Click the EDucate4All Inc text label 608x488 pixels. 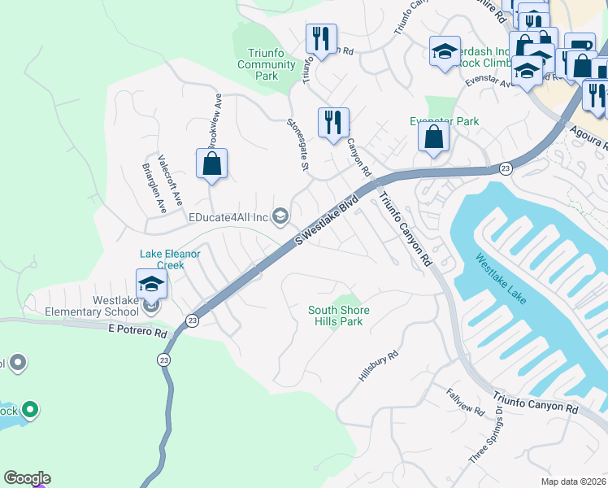pyautogui.click(x=228, y=217)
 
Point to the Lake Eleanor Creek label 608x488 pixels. pyautogui.click(x=171, y=259)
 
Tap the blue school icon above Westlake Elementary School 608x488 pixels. pyautogui.click(x=151, y=284)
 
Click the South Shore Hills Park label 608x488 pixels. pyautogui.click(x=339, y=316)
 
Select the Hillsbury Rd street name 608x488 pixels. pyautogui.click(x=379, y=366)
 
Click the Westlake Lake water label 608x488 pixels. pyautogui.click(x=502, y=279)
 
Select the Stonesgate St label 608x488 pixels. pyautogui.click(x=297, y=145)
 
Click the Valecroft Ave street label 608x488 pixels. pyautogui.click(x=172, y=179)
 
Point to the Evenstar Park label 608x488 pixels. pyautogui.click(x=444, y=121)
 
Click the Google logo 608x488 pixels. pyautogui.click(x=27, y=478)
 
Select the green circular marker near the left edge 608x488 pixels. pyautogui.click(x=30, y=409)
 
